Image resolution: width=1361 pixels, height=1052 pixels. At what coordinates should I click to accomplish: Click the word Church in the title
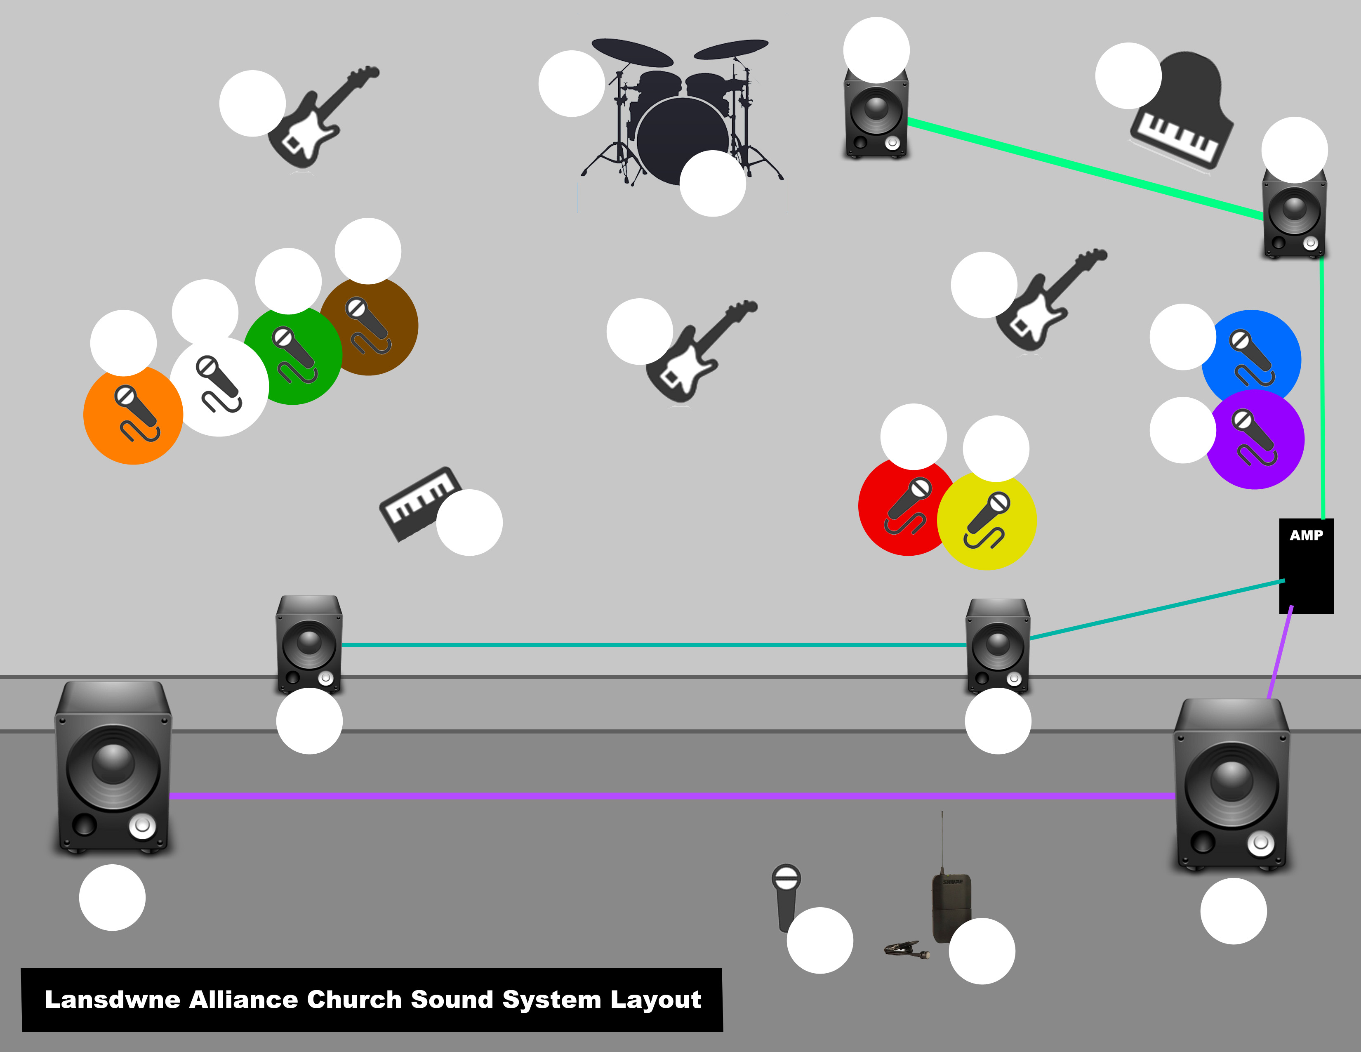point(354,1000)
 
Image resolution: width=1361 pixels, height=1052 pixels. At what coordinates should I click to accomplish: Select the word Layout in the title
point(656,1000)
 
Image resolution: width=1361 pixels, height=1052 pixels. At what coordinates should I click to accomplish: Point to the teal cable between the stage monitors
point(655,645)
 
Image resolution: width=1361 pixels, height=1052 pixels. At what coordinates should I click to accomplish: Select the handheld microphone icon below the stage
point(785,897)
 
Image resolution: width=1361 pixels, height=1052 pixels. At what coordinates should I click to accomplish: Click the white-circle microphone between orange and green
point(219,387)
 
